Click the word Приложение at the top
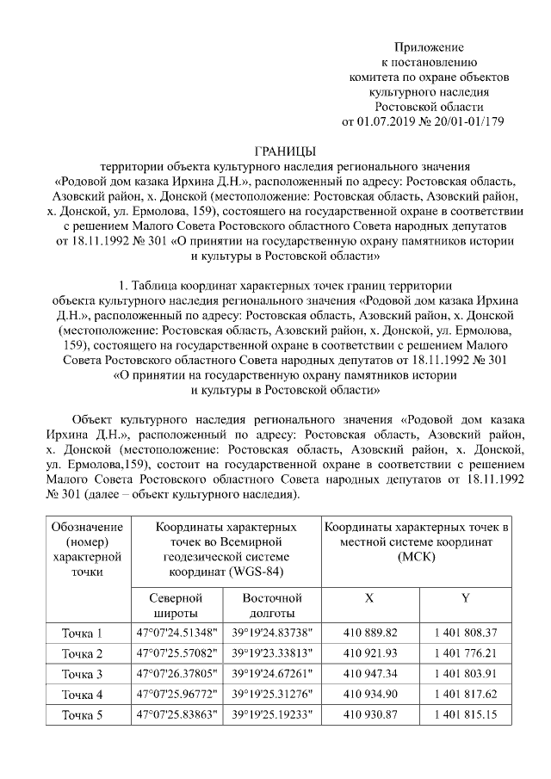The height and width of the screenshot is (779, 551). click(x=429, y=46)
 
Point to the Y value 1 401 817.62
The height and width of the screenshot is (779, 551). click(x=466, y=694)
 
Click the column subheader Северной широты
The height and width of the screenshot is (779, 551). click(x=175, y=604)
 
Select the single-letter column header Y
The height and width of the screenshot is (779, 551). click(x=466, y=597)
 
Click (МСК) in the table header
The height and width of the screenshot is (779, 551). click(x=417, y=558)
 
